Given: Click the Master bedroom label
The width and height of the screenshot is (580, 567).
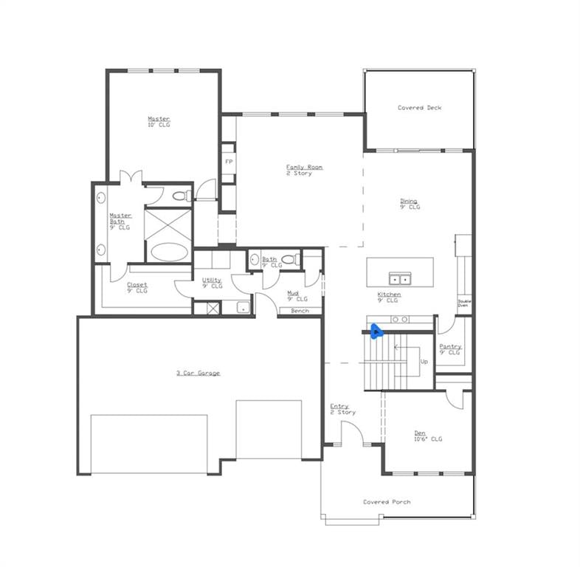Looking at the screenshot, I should [x=159, y=119].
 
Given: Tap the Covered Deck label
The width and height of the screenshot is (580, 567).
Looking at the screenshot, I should [x=420, y=108].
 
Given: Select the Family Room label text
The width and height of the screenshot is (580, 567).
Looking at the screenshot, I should [x=304, y=168].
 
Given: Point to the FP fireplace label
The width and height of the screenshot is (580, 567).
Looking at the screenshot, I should [x=229, y=162].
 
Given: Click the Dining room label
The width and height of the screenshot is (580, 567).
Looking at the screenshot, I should [x=409, y=201].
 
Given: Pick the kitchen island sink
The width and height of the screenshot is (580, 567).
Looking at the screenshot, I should [x=400, y=278].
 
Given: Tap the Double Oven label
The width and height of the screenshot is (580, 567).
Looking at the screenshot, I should [x=464, y=303].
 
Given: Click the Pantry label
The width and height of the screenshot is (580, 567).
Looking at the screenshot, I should [x=450, y=346].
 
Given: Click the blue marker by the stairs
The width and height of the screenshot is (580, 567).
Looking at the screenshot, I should [x=376, y=331].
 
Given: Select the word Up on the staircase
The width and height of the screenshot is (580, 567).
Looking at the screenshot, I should [x=424, y=362].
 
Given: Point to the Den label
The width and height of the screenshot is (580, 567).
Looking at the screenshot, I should [x=420, y=433].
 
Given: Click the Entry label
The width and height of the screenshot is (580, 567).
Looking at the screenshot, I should [x=339, y=406].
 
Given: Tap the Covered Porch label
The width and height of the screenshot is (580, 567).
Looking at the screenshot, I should [x=386, y=502].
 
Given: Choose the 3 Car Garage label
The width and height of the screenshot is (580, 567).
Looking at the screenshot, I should [x=198, y=373].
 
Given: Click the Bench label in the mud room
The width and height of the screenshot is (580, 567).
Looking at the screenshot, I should [x=300, y=311].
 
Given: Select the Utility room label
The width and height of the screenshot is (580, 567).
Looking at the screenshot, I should [x=212, y=280].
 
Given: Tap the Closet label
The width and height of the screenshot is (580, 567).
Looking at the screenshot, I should [x=137, y=285].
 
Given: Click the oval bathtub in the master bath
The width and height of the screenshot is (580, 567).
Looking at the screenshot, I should [x=170, y=251].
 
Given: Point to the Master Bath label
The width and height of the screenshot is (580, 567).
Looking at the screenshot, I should [x=120, y=216].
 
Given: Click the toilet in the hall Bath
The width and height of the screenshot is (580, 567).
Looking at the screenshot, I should [x=291, y=259].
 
